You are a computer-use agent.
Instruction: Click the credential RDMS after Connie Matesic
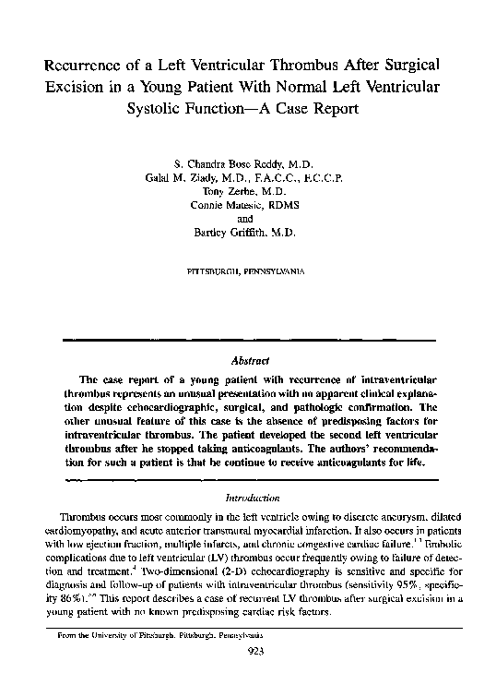point(289,205)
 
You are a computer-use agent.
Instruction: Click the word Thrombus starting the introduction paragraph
point(84,513)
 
